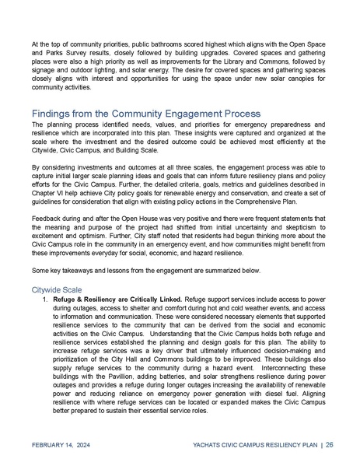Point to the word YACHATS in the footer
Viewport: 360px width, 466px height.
pyautogui.click(x=207, y=446)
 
